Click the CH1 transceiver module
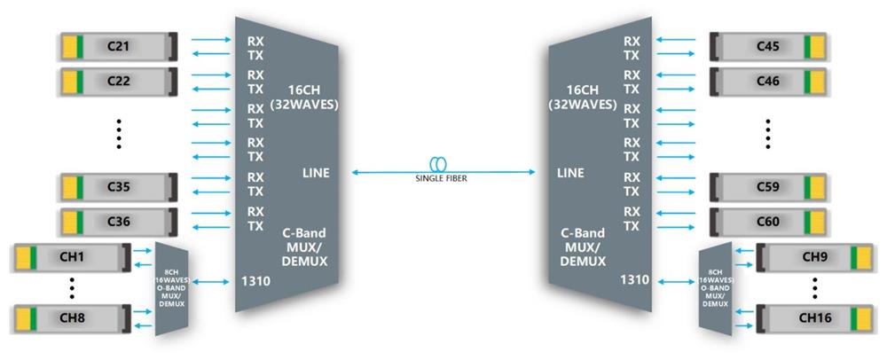coord(72,257)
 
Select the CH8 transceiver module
coord(72,317)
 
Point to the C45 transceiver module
coord(768,44)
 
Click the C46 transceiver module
coord(768,81)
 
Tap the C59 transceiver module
coord(768,186)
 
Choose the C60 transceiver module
coord(768,220)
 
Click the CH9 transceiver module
coord(814,257)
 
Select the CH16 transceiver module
coord(814,317)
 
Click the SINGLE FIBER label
coord(441,178)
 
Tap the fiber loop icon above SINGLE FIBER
coord(441,164)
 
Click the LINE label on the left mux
coord(316,173)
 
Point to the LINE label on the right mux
coord(570,173)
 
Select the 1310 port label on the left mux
coord(257,282)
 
